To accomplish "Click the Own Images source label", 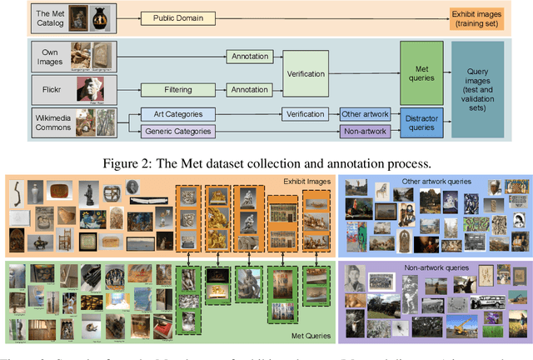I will (49, 55).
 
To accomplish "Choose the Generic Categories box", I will (177, 130).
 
